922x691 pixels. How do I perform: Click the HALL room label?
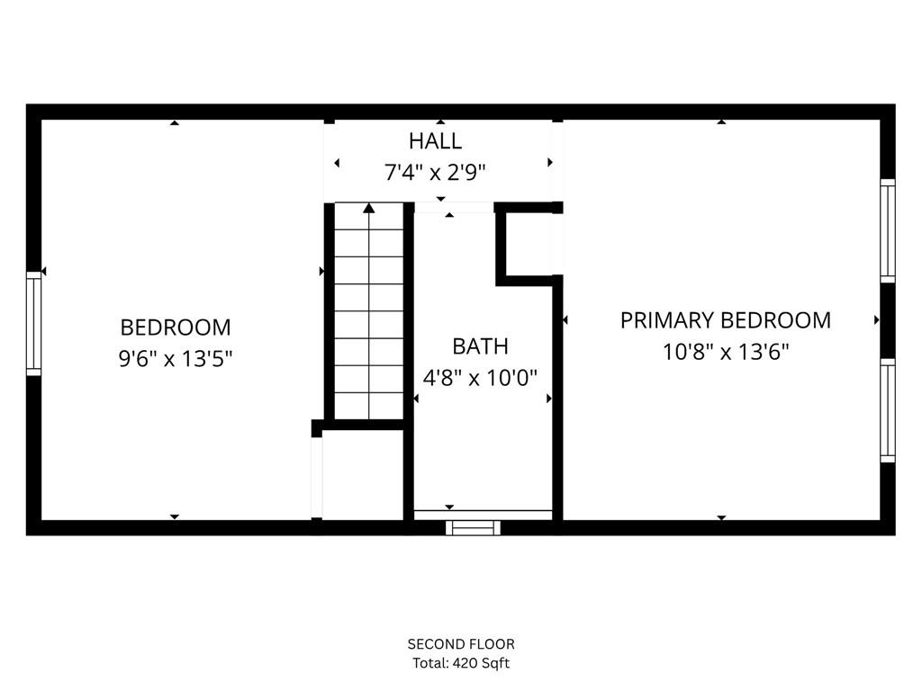click(x=435, y=141)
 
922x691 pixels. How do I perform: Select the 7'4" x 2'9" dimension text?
click(x=436, y=173)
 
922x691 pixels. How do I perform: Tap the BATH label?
click(x=480, y=346)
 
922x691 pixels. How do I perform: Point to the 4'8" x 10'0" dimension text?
click(x=481, y=377)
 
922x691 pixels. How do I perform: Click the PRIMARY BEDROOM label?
click(x=725, y=320)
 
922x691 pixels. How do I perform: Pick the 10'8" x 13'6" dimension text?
click(x=726, y=352)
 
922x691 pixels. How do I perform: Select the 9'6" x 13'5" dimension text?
click(x=176, y=359)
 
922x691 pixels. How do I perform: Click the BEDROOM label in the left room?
click(x=176, y=328)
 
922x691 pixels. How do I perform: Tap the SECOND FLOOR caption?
click(x=461, y=644)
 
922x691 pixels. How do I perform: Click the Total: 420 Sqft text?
click(x=461, y=664)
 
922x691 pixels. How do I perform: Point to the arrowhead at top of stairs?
click(x=369, y=209)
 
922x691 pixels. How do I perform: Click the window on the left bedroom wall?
click(x=34, y=324)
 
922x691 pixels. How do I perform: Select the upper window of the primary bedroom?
click(x=888, y=231)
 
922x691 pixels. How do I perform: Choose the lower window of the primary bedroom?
click(x=888, y=410)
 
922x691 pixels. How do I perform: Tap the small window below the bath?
click(x=474, y=528)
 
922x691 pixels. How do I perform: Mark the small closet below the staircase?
click(x=362, y=475)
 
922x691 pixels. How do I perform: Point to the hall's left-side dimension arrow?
click(x=337, y=163)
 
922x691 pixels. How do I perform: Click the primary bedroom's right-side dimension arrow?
click(x=876, y=319)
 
